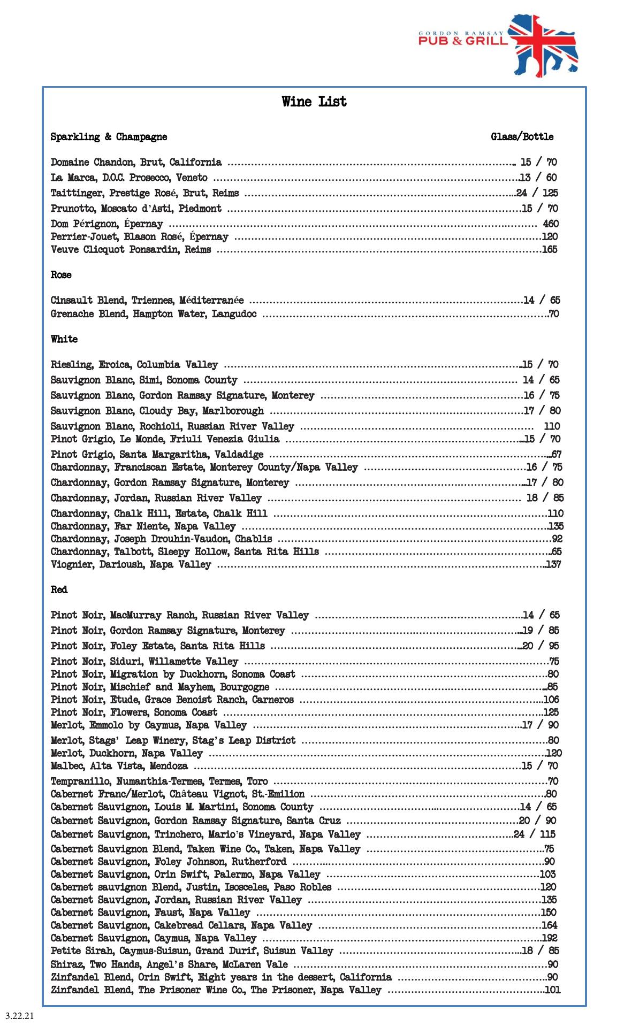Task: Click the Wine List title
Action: pos(314,102)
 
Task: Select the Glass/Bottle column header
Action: pos(522,137)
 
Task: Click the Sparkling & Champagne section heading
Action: pos(109,137)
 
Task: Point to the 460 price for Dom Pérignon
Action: pos(551,224)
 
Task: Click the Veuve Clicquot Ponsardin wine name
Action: pos(131,249)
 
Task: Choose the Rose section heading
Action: pos(61,275)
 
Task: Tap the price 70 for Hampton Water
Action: pos(554,314)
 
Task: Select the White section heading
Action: pos(64,339)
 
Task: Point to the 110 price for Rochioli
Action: pos(552,426)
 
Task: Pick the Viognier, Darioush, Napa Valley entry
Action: pos(131,564)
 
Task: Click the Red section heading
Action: pos(59,589)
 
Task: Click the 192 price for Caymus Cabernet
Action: pos(550,938)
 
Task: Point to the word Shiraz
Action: pos(65,964)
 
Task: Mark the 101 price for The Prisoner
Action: pos(552,990)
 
